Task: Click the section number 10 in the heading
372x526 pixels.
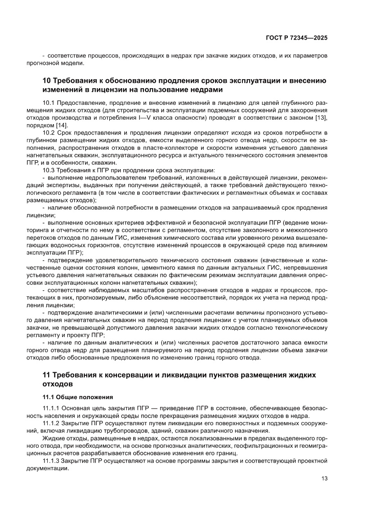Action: point(47,81)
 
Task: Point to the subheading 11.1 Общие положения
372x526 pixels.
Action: point(77,397)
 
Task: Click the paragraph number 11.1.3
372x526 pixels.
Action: point(50,461)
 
